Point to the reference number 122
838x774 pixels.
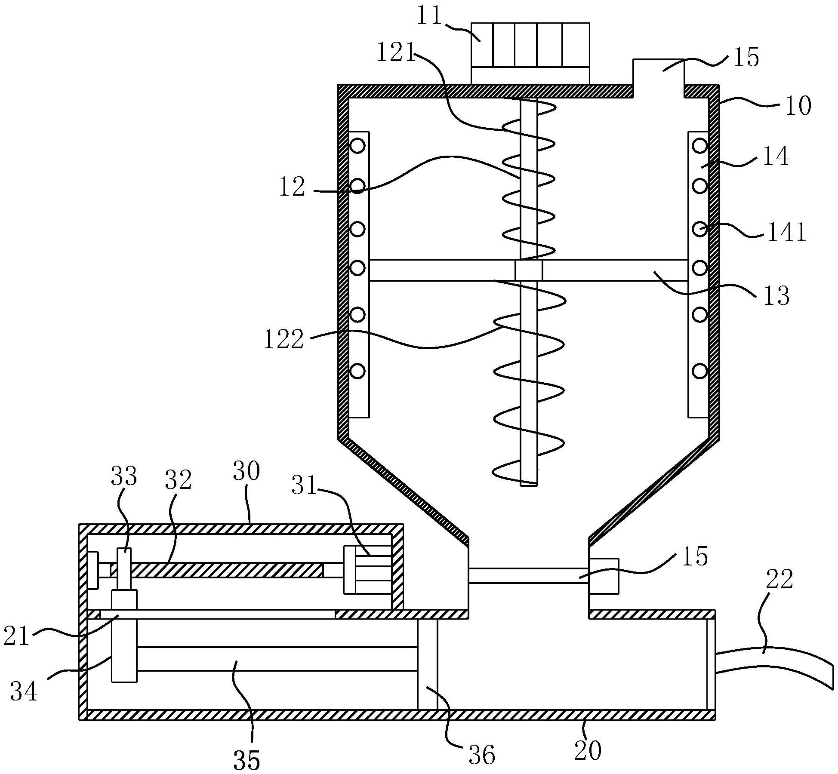[x=284, y=339]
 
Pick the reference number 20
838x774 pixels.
[x=588, y=751]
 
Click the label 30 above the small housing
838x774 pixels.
[x=246, y=471]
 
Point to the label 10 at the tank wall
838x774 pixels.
[x=798, y=105]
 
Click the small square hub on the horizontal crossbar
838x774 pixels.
[x=529, y=270]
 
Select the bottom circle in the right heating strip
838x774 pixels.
[x=699, y=370]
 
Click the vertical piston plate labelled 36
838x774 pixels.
[x=427, y=664]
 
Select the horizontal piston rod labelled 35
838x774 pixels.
[x=275, y=658]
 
